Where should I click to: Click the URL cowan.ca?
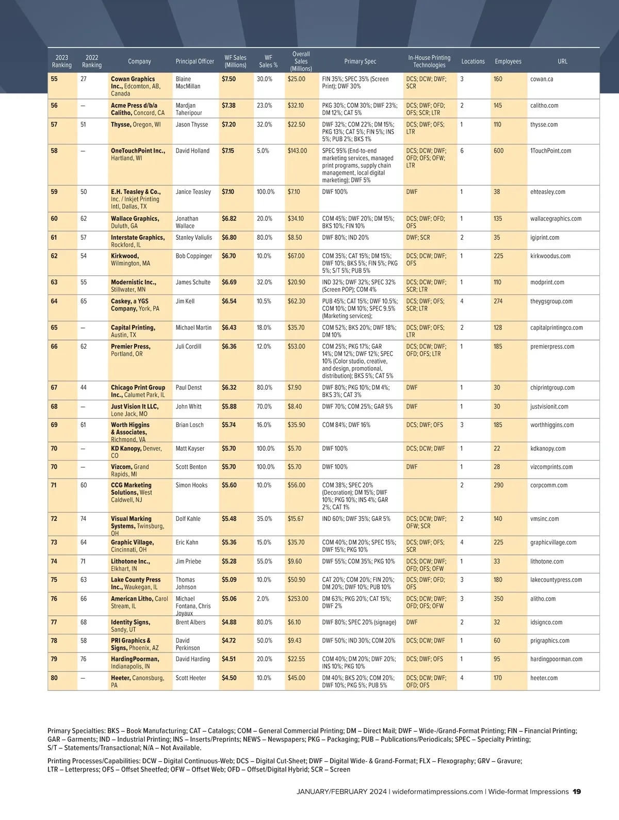[541, 79]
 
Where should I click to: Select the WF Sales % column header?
[268, 61]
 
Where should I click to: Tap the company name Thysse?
[121, 124]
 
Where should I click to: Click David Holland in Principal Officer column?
[192, 151]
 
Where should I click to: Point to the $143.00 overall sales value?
[297, 151]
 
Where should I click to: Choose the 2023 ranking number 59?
[54, 192]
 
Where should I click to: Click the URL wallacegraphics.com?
[556, 219]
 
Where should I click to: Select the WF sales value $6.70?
[229, 256]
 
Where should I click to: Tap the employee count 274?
[498, 301]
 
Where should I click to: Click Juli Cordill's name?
[188, 347]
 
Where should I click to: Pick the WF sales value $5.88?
[229, 406]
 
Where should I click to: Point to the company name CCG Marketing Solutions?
[131, 489]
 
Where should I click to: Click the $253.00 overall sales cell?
[298, 599]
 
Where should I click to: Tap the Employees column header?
[508, 61]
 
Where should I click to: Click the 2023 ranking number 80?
[54, 678]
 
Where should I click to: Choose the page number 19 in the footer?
[577, 792]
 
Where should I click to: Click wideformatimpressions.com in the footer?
[437, 792]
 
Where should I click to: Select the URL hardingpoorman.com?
[556, 659]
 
